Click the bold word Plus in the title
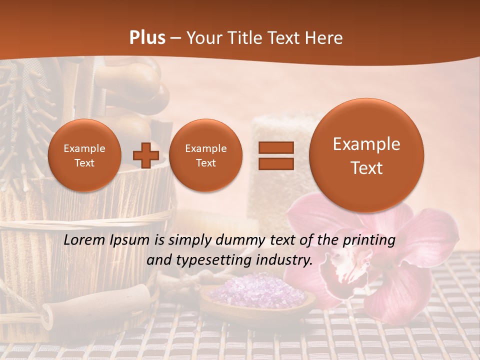coord(147,38)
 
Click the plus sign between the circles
coord(145,155)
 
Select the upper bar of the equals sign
coord(275,147)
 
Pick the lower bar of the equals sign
coord(275,163)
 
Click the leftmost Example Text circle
coord(84,155)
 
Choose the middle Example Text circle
coord(205,155)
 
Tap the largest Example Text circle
coord(366,155)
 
